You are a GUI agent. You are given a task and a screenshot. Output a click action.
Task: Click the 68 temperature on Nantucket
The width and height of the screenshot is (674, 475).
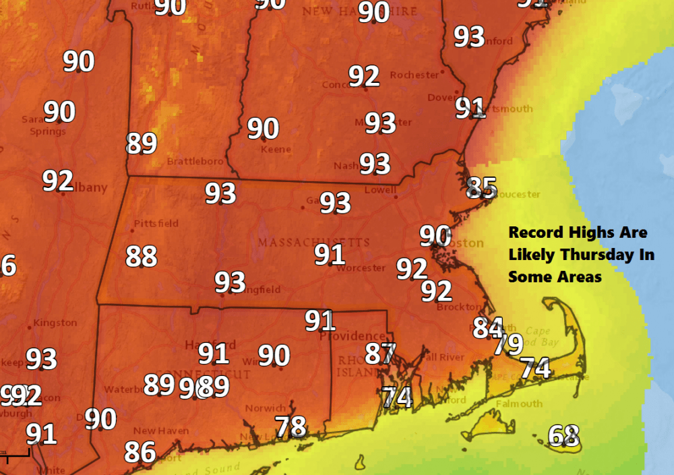pos(564,435)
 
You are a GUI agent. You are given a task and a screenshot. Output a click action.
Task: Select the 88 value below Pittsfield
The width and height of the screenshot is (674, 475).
pos(142,256)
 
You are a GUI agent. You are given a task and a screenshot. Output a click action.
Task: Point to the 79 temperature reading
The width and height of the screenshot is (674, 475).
pos(508,344)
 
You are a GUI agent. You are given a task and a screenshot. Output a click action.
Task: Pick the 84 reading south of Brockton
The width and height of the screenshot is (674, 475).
pos(487,327)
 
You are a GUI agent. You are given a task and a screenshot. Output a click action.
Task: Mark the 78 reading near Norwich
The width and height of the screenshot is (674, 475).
pos(291,426)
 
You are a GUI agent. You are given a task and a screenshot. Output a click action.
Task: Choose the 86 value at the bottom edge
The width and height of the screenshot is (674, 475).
pos(140,451)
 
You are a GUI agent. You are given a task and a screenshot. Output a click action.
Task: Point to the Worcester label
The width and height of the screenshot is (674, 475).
pos(362,267)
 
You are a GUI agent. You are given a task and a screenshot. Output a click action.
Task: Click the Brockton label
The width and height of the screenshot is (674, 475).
pos(458,307)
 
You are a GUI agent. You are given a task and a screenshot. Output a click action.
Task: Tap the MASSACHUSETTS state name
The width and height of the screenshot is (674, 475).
pos(314,242)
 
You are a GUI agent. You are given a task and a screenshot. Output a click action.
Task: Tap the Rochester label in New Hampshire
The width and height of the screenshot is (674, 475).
pos(414,75)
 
